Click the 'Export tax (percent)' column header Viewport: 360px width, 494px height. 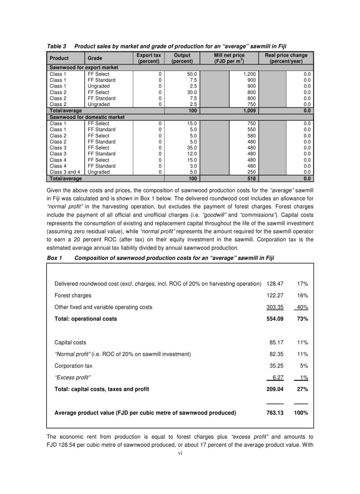[x=149, y=58]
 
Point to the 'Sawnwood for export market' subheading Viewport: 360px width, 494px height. [x=83, y=67]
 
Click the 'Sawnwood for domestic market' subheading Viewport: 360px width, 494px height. [x=86, y=117]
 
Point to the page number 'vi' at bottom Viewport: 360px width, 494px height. [x=180, y=453]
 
